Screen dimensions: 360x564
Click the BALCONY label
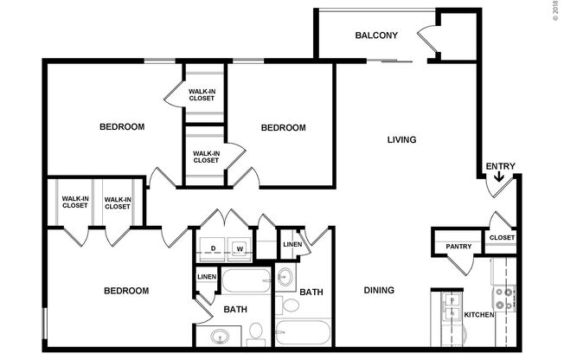[376, 35]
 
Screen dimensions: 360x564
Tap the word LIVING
[402, 139]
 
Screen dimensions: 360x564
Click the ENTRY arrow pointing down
[499, 179]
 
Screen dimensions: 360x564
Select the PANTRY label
[458, 247]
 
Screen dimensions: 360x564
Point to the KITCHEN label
[480, 315]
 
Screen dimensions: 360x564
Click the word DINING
[379, 291]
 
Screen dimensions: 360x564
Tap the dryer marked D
[213, 249]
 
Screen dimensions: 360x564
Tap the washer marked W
[240, 249]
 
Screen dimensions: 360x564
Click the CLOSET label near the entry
[502, 238]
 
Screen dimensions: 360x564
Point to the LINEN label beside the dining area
[293, 245]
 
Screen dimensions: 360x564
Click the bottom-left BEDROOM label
[127, 291]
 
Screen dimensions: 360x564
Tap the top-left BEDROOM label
[122, 127]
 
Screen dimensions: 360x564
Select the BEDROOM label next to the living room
[284, 128]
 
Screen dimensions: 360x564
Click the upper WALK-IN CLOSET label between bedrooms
[202, 94]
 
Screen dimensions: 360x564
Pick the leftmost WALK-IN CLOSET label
[74, 203]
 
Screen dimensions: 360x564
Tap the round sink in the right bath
[286, 278]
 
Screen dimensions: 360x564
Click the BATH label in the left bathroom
[235, 309]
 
